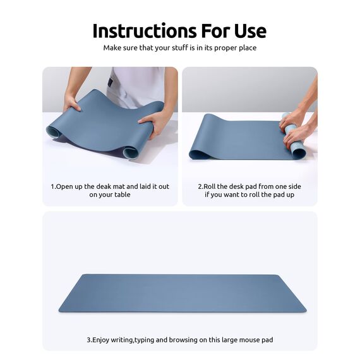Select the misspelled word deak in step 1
(101, 186)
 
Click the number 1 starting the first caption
(52, 186)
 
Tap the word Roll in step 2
(211, 186)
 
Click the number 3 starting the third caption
(88, 340)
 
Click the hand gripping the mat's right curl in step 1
(154, 121)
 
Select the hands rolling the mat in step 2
(297, 123)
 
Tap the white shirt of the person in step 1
(136, 82)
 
